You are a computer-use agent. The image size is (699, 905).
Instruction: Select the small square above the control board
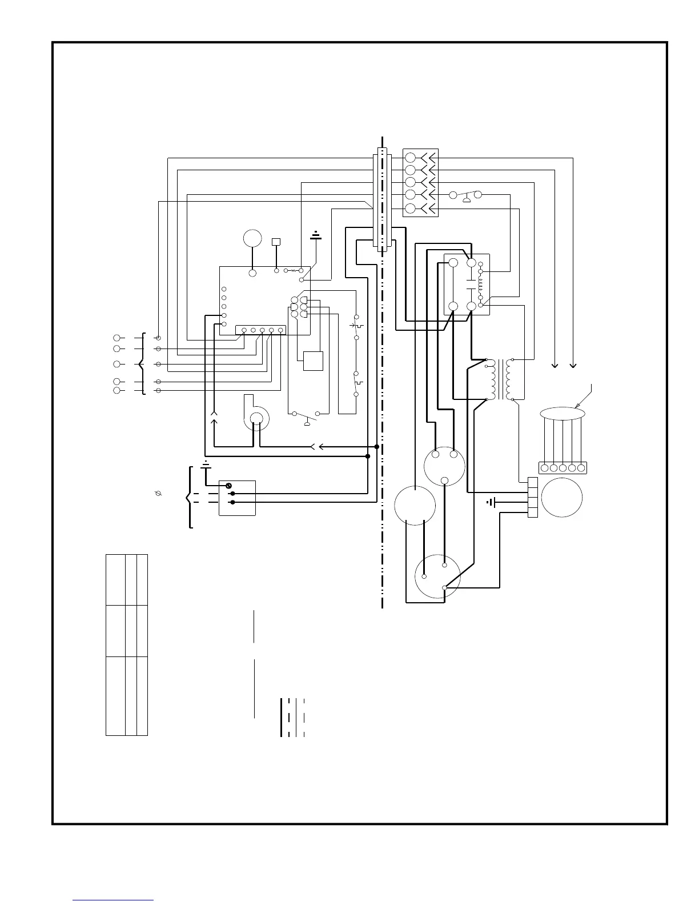(276, 241)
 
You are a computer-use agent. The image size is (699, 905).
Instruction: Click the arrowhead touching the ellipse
(579, 406)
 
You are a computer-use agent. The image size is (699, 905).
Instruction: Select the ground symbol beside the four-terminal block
(490, 503)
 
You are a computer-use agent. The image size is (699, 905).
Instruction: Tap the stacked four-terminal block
(533, 498)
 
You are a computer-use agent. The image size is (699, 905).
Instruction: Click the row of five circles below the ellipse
(563, 468)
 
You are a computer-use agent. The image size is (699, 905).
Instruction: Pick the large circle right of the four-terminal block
(562, 497)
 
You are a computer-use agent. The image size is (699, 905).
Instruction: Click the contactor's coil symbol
(480, 284)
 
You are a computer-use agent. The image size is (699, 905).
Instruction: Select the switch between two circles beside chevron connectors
(466, 196)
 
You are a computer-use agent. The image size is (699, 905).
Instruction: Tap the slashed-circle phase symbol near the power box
(159, 492)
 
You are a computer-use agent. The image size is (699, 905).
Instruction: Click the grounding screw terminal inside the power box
(230, 486)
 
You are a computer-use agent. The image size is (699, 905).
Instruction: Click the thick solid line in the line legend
(282, 717)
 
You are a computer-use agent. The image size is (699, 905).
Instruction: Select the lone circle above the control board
(252, 238)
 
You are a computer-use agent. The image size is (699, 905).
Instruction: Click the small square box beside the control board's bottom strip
(313, 361)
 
